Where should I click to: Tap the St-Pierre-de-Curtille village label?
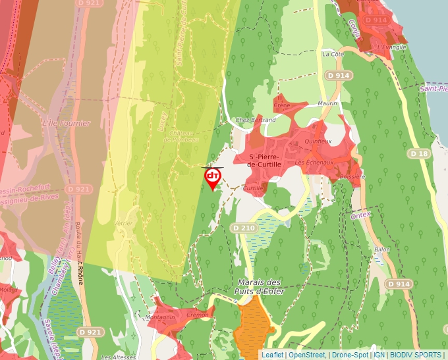point(265,160)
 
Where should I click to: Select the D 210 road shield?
point(243,228)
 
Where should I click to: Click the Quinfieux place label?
point(318,141)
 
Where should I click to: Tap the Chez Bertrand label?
point(256,120)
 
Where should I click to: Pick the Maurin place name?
point(327,103)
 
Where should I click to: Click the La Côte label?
point(333,54)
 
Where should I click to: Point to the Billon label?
point(382,250)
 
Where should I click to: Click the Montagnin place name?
point(161,318)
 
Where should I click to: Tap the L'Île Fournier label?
point(66,123)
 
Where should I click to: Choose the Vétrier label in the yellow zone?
point(123,224)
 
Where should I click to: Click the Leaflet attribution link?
point(272,355)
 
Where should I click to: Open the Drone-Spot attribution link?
point(350,355)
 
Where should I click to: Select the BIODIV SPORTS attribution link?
point(416,355)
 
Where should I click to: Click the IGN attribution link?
point(379,355)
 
